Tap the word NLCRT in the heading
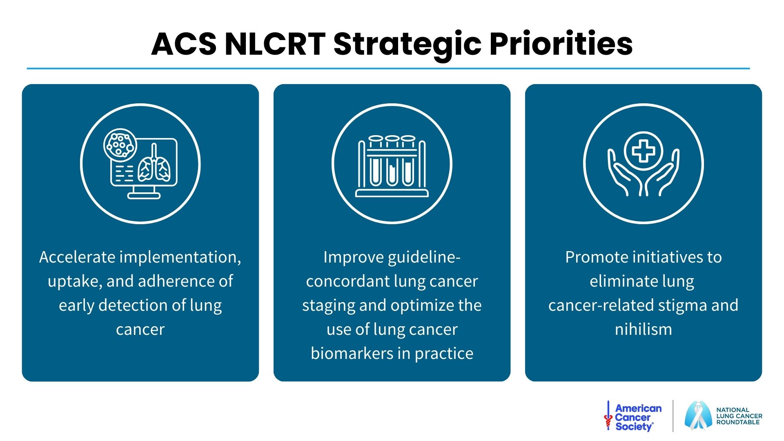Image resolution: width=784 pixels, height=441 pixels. (x=275, y=44)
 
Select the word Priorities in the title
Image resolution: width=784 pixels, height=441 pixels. (x=561, y=44)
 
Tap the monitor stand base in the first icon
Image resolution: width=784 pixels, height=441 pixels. (x=144, y=196)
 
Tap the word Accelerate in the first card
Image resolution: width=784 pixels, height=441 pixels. (x=77, y=257)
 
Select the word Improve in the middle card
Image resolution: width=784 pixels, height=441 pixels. (x=354, y=258)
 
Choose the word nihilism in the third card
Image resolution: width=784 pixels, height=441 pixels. (x=644, y=329)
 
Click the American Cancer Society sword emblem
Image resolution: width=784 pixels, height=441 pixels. (x=608, y=416)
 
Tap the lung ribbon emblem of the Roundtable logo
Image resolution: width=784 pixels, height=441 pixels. (x=698, y=416)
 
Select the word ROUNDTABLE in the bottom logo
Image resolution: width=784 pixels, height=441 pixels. (x=738, y=422)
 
